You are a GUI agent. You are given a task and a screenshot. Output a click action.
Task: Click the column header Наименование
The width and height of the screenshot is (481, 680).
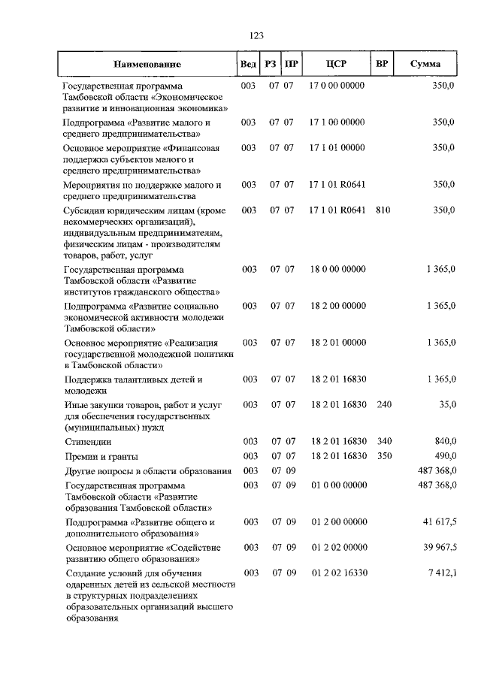coord(148,65)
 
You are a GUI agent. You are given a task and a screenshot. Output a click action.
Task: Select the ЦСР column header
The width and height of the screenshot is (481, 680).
coord(336,65)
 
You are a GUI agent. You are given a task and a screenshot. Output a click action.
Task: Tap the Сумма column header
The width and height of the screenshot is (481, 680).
coord(426,65)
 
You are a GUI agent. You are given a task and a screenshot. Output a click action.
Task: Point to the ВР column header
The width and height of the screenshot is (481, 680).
coord(382,65)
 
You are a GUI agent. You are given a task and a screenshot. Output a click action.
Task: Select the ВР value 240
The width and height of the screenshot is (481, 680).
coord(383,405)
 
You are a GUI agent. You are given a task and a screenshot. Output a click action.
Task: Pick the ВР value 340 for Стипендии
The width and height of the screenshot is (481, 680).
coord(383,441)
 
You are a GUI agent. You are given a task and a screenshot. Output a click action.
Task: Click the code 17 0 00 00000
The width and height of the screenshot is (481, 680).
coord(337,86)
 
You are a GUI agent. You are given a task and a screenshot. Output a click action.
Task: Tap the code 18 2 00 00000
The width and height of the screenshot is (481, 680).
coord(337,306)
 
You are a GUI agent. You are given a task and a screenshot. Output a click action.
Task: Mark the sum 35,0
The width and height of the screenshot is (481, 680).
coord(447,405)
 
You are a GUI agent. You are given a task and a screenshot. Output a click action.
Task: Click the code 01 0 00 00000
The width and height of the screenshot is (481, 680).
coord(337,486)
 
